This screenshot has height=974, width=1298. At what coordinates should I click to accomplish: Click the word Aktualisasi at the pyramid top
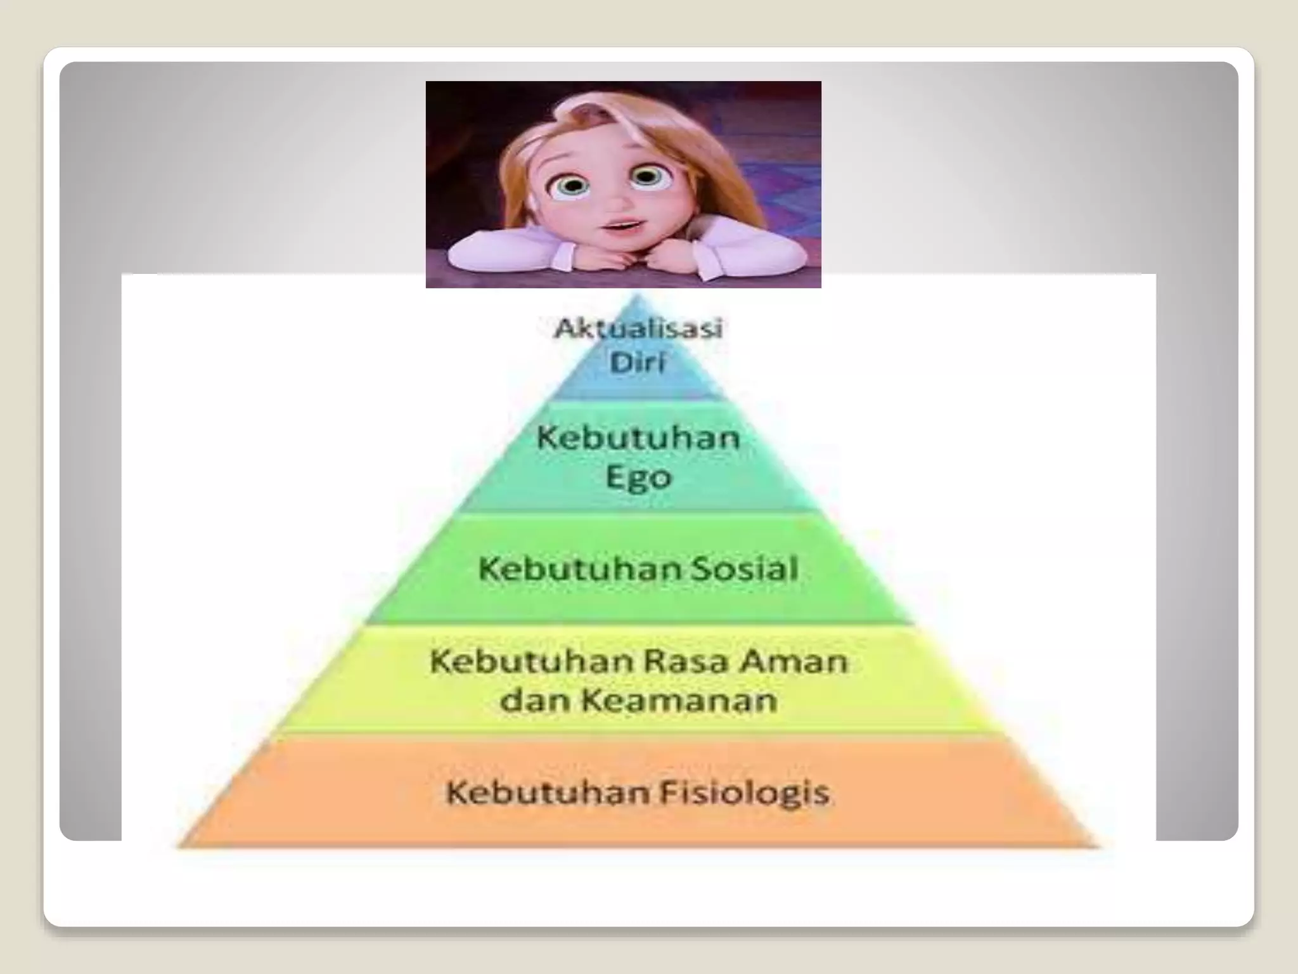638,328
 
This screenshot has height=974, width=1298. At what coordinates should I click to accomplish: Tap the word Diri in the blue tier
638,363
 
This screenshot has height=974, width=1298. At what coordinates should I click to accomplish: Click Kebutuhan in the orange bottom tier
541,793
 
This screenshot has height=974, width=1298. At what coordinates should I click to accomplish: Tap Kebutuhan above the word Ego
638,438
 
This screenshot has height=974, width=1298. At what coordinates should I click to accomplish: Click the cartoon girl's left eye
573,185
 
